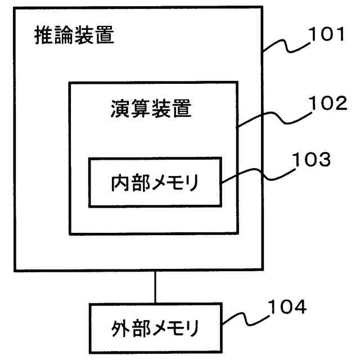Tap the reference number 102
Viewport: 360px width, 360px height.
click(327, 103)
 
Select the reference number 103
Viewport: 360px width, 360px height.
click(310, 160)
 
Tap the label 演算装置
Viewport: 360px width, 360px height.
click(150, 109)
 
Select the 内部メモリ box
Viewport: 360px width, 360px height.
click(154, 182)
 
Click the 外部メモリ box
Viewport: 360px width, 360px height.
click(154, 327)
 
